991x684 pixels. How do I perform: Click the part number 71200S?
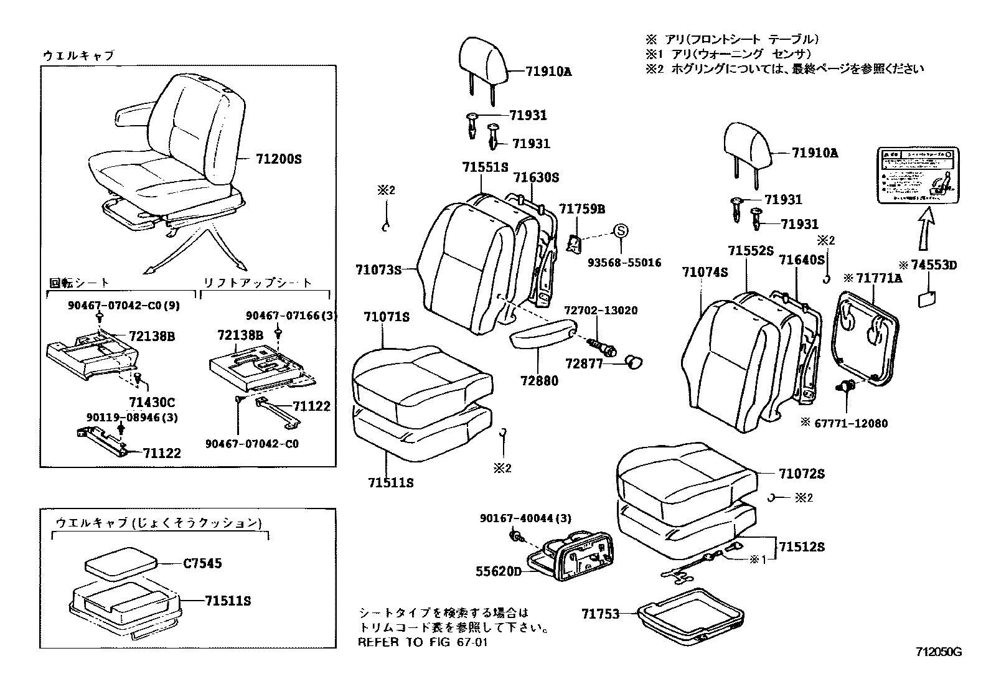278,159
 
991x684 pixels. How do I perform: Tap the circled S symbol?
621,231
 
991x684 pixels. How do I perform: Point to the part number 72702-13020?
601,311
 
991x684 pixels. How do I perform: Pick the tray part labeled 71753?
691,616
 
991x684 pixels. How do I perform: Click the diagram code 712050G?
939,652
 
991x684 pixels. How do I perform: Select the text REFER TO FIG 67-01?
422,642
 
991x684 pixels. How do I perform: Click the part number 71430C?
153,402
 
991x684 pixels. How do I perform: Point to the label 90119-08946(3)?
132,418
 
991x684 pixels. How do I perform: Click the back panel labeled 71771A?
868,339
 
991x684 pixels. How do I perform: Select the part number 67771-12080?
851,423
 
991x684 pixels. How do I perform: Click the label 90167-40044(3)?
525,518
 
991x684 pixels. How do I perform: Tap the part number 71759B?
581,209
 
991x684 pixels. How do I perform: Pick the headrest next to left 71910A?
485,60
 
